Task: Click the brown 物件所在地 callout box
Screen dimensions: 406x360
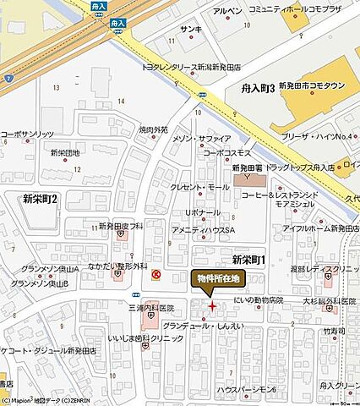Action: (218, 277)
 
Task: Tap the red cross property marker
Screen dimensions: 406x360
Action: (211, 305)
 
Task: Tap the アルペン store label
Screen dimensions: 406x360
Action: (227, 10)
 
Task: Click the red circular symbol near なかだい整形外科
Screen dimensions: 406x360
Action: (156, 273)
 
